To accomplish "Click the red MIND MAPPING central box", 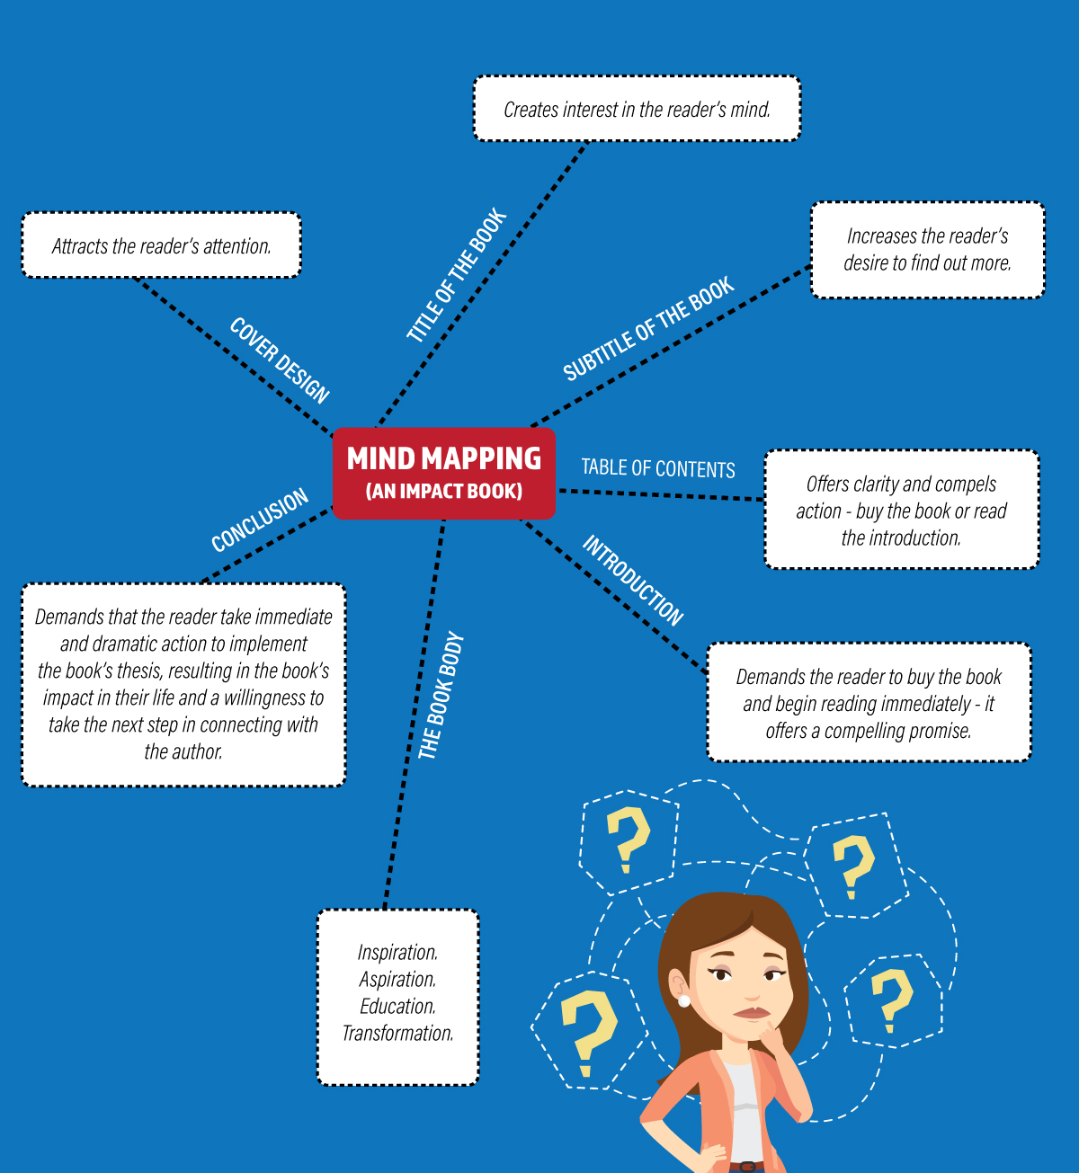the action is [x=443, y=474].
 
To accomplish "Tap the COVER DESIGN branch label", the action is [x=280, y=360].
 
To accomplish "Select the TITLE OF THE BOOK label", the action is [x=457, y=275].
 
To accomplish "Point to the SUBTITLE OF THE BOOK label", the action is [x=648, y=328].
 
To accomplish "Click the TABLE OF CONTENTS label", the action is [x=658, y=468].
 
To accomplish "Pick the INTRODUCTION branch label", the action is [x=632, y=580].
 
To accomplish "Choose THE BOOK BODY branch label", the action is [x=441, y=696].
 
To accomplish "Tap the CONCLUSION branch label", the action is [x=260, y=520].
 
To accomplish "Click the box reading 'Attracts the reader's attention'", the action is [x=162, y=245].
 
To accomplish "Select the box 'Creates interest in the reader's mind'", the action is [x=637, y=109].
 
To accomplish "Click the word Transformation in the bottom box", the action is [x=398, y=1034].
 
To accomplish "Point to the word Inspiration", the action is [x=398, y=952].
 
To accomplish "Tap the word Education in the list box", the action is [x=398, y=1007].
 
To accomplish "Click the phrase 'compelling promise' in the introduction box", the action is [x=897, y=731].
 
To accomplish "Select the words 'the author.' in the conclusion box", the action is [x=183, y=751].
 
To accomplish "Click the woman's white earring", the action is [x=684, y=1000].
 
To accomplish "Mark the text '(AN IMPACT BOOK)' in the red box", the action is [x=444, y=491].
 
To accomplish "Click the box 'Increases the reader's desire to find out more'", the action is [x=927, y=250].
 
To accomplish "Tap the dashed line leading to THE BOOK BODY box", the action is [x=415, y=715].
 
